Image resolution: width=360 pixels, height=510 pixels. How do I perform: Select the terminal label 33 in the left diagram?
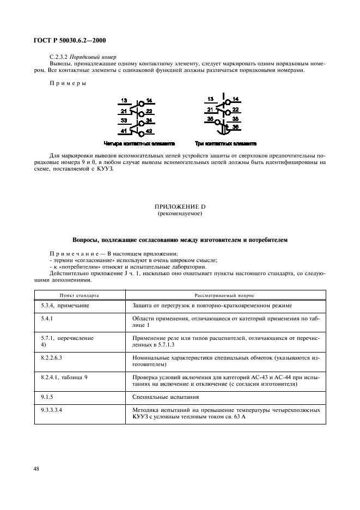[124, 120]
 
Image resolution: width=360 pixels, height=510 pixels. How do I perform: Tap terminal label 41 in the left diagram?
[124, 131]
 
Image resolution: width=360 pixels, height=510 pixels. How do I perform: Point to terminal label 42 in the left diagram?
[149, 132]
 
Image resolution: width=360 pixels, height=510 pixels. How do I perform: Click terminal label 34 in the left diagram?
[149, 120]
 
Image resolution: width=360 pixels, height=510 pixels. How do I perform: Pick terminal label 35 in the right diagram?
[210, 118]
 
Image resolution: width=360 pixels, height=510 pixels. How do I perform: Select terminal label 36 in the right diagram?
[235, 127]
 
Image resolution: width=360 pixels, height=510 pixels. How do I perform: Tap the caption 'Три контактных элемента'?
[225, 144]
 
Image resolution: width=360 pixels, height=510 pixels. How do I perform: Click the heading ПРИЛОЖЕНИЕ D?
[180, 207]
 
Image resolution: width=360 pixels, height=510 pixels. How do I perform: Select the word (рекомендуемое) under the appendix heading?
[180, 214]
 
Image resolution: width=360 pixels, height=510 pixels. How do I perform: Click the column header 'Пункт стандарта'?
[80, 295]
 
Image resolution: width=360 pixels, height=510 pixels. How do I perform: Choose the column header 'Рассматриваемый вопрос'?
[225, 295]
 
